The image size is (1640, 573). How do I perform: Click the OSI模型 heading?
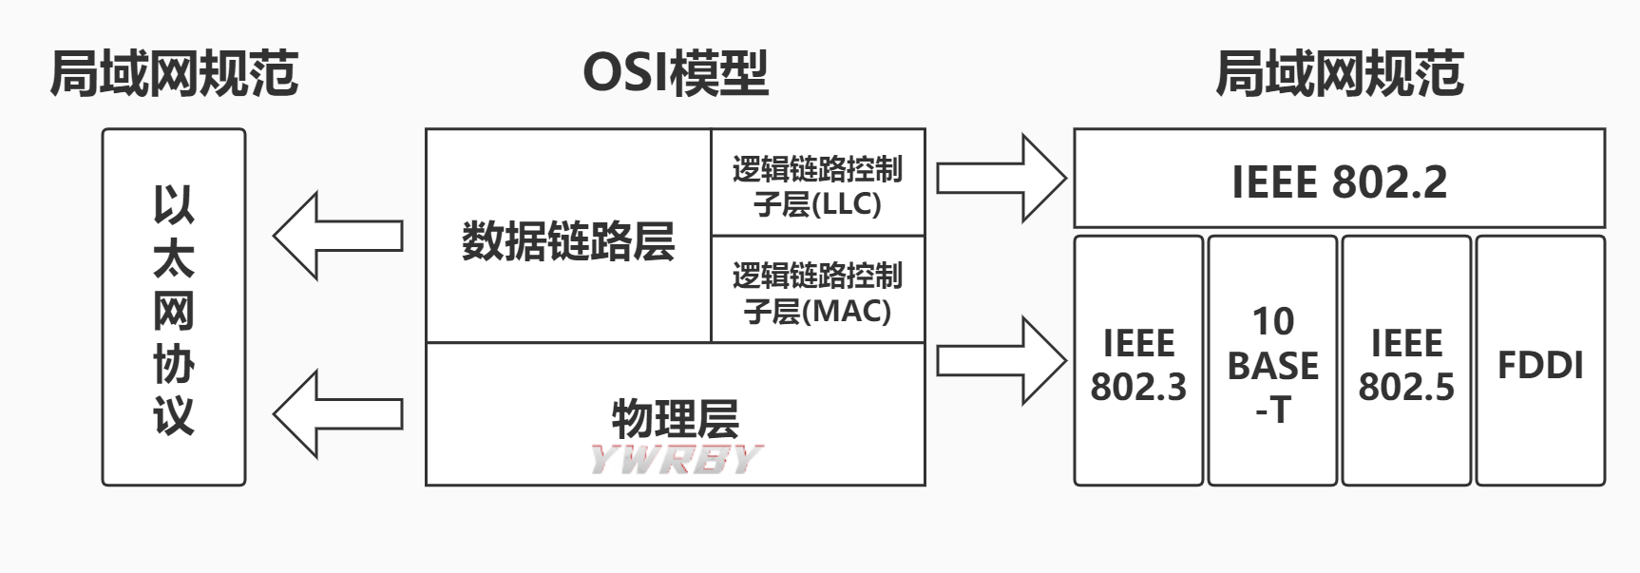coord(675,73)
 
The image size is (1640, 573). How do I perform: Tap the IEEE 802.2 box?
coord(1339,181)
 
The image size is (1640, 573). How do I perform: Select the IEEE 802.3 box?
coord(1138,364)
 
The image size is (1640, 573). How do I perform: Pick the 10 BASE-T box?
coord(1272,364)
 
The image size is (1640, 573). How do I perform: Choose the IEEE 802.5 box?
coord(1406,364)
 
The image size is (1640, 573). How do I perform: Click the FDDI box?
coord(1540,365)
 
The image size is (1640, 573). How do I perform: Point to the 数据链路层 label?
coord(568,241)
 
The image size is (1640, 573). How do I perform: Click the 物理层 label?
coord(675,416)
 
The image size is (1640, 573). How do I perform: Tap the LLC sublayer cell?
coord(817,184)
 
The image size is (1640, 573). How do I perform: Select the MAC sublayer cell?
coord(817,292)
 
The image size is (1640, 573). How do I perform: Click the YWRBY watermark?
coord(675,459)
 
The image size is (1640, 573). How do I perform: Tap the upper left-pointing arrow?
coord(338,236)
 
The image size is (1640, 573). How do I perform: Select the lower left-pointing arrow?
coord(338,414)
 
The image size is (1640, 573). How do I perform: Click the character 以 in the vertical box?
coord(174,205)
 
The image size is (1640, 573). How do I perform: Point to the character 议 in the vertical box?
coord(174,415)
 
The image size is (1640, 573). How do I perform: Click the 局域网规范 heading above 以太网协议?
coord(174,73)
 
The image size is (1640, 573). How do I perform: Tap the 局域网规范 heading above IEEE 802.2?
coord(1339,73)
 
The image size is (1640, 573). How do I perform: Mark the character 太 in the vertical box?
coord(174,258)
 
